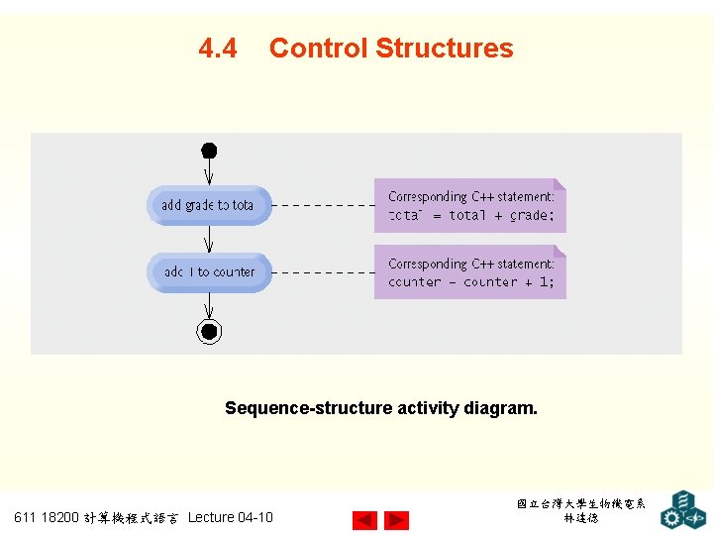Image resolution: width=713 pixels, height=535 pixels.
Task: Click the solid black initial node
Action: (209, 151)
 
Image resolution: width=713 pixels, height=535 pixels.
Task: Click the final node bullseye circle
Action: (209, 332)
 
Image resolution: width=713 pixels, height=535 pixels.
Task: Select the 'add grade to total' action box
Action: (208, 205)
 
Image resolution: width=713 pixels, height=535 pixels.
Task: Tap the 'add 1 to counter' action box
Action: (209, 272)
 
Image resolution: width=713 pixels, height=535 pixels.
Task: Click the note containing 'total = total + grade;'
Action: (469, 206)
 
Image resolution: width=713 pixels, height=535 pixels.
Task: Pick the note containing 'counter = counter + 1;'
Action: (469, 272)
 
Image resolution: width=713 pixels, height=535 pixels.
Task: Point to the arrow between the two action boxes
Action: (209, 240)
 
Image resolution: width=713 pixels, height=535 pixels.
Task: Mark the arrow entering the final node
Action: (209, 306)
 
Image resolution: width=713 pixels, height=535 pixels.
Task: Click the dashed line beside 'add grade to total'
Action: (323, 205)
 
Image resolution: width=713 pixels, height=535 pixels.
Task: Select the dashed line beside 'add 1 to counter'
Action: (323, 271)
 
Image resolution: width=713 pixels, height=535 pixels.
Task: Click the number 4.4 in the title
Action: (218, 49)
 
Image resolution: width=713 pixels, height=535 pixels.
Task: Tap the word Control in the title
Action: (318, 49)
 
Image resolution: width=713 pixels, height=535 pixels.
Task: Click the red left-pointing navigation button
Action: (364, 519)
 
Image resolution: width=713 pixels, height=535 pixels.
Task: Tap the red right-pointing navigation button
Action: (396, 519)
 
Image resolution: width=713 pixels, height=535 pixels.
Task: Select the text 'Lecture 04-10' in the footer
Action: (230, 517)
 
